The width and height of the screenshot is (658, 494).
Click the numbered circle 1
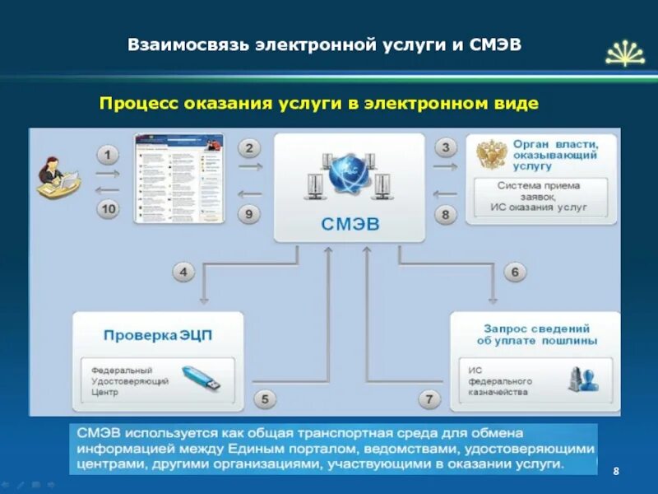(108, 154)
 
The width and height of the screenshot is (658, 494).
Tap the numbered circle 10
(108, 209)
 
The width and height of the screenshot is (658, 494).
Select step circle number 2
(250, 148)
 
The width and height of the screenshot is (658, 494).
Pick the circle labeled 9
(251, 214)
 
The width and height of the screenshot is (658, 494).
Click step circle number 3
(445, 148)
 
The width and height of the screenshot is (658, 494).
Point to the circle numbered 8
(445, 215)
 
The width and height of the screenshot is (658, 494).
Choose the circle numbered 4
(184, 272)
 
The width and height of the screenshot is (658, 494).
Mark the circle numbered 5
(265, 400)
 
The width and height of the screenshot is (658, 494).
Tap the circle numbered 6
(515, 272)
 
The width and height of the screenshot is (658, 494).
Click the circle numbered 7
(429, 400)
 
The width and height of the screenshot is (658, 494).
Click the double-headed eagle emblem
(492, 155)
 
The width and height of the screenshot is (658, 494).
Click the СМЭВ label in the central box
(350, 223)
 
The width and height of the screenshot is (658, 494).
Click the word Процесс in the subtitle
(134, 104)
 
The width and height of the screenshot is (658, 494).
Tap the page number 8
(616, 469)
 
